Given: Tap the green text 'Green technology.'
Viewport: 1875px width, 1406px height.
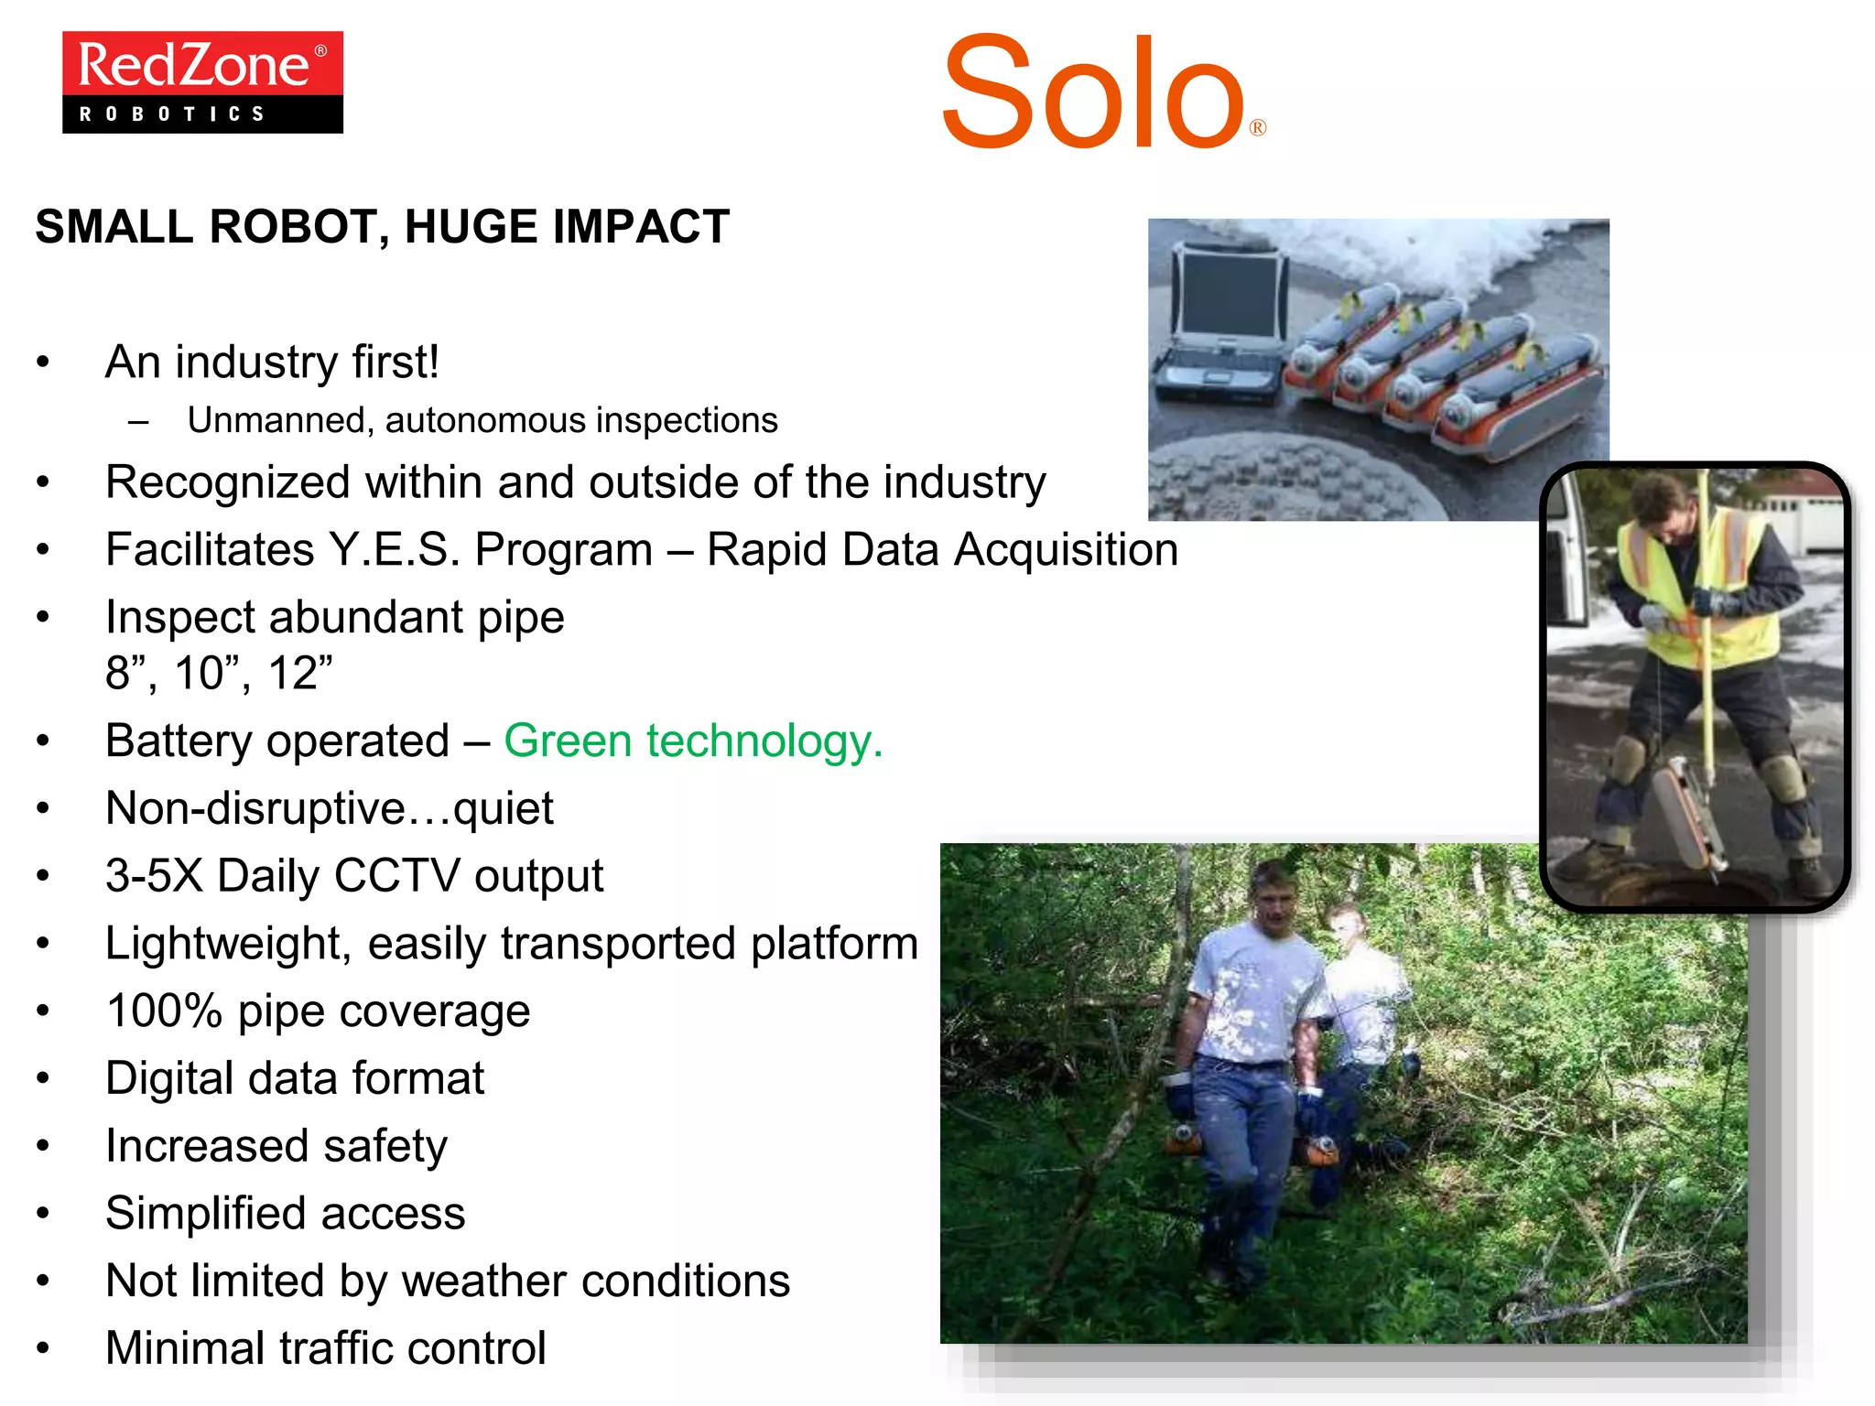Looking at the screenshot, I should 693,741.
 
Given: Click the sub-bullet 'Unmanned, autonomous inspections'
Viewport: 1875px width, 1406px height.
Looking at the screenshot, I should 482,420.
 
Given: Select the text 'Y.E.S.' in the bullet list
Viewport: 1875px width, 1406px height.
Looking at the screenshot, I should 395,550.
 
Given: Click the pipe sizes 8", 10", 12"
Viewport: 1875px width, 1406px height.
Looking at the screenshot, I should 219,674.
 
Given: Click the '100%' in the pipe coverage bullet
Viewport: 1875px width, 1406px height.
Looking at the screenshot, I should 164,1011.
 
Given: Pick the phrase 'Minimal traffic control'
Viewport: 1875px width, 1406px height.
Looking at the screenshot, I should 325,1348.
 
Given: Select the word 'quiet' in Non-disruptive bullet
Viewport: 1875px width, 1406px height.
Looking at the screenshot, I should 503,808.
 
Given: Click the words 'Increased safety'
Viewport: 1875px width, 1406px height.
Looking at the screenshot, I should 276,1146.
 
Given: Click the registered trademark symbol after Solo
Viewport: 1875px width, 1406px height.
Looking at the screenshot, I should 1258,128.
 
